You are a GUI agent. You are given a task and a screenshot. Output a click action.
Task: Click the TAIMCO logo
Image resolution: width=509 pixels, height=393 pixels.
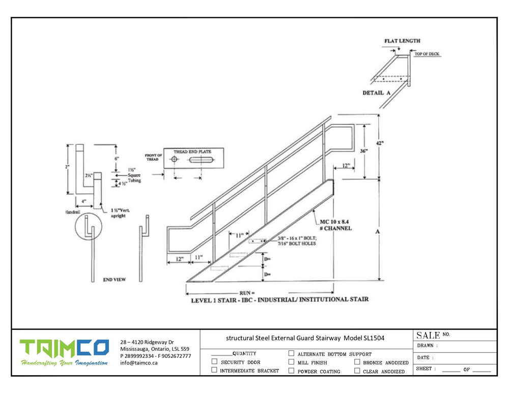[x=64, y=348]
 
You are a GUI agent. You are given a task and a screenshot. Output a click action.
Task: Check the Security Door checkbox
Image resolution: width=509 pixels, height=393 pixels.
[x=214, y=362]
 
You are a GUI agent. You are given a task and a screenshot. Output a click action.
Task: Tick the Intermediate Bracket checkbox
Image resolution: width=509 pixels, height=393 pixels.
[x=214, y=371]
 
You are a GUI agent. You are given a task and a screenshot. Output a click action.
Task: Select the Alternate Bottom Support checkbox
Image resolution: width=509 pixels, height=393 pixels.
[x=291, y=353]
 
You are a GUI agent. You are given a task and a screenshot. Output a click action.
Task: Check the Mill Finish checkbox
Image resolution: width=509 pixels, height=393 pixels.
[x=291, y=362]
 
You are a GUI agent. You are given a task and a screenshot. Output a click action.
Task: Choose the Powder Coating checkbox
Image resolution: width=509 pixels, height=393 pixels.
[x=291, y=371]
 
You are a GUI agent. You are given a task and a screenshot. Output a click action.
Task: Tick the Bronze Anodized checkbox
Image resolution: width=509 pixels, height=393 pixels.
[x=357, y=362]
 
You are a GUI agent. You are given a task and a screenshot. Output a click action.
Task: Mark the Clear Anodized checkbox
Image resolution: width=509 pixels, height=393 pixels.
[x=357, y=371]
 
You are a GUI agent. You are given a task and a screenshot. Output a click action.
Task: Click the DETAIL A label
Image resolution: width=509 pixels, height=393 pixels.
[x=376, y=93]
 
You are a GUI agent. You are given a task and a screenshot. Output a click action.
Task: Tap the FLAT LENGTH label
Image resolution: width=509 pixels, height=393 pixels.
[x=403, y=41]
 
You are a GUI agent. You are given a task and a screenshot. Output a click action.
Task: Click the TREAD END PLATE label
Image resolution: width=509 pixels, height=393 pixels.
[x=190, y=152]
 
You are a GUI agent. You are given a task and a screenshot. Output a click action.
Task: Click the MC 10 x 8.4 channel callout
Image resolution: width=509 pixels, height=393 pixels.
[x=335, y=225]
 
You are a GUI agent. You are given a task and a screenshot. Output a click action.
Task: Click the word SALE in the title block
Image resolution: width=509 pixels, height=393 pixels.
[x=428, y=335]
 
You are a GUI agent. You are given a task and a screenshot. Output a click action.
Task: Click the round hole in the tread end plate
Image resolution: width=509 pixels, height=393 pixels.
[x=175, y=160]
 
